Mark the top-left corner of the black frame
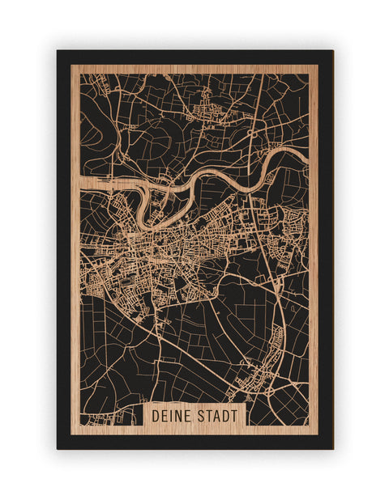tap(58, 51)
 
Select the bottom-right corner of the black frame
tap(332, 448)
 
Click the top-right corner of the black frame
tap(332, 51)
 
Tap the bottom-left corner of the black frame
tap(58, 448)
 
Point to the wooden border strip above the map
tap(194, 69)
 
